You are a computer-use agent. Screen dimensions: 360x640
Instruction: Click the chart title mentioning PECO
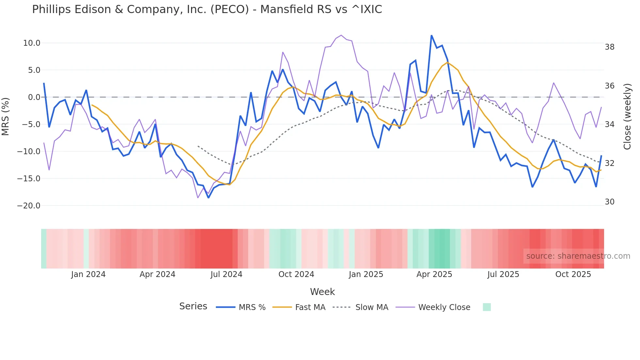tap(207, 9)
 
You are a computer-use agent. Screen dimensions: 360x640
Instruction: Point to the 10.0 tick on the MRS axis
tap(32, 43)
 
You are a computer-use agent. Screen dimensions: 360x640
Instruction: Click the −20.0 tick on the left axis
tap(29, 206)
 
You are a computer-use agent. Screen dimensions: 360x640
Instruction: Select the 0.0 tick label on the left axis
tap(34, 97)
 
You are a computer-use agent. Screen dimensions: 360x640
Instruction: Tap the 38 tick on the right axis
tap(609, 47)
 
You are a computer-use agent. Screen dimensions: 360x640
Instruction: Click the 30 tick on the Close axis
tap(609, 202)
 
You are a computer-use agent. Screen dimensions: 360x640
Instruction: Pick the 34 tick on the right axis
tap(609, 124)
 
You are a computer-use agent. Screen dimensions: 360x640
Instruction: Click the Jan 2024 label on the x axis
tap(88, 274)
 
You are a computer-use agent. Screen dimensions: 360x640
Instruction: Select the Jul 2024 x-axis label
tap(226, 274)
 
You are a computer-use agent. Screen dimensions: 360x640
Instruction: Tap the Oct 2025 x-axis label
tap(573, 274)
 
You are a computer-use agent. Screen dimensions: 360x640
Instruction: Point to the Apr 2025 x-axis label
tap(434, 274)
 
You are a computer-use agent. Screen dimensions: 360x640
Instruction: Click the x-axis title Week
tap(322, 292)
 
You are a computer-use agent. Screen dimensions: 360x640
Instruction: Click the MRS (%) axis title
tap(6, 116)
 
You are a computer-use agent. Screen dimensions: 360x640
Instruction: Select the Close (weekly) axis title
tap(627, 116)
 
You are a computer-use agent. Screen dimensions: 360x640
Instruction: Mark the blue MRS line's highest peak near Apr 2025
tap(431, 36)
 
